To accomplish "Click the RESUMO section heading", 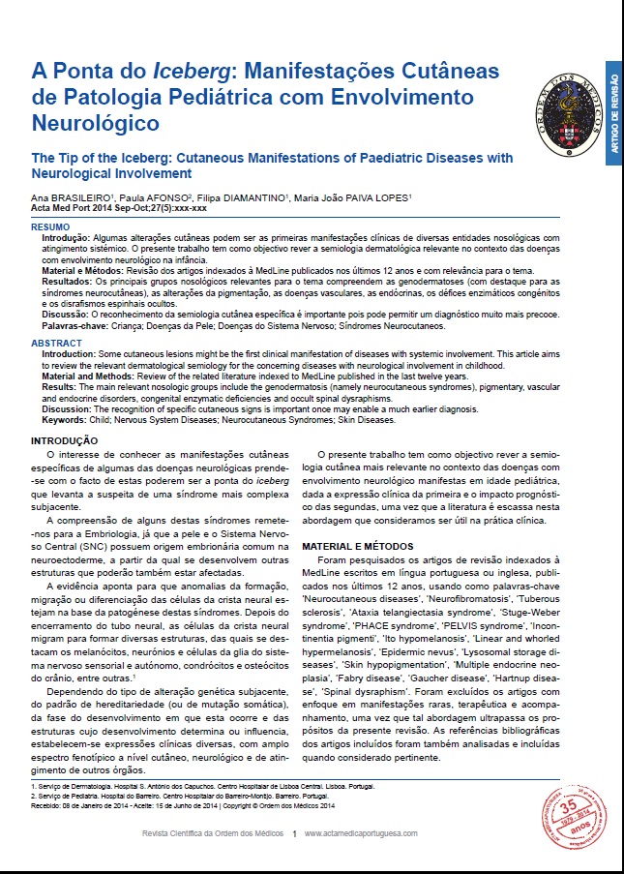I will point(49,226).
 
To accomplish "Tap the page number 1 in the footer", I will point(294,833).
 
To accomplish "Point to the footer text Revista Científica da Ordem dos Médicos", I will point(211,833).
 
